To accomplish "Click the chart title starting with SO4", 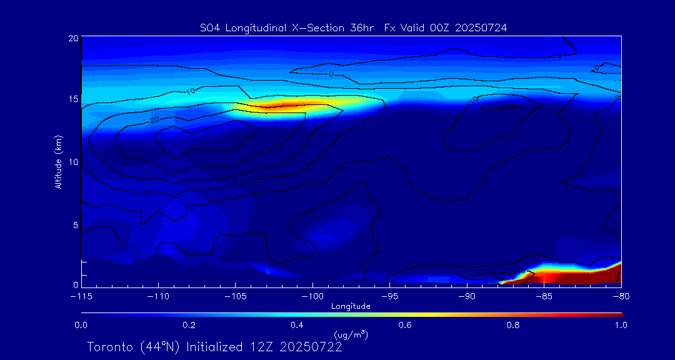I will coord(351,27).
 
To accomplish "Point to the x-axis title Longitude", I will coord(351,306).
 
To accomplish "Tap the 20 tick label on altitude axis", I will coord(72,38).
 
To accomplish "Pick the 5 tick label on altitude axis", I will coord(75,224).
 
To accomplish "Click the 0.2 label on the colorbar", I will coord(189,325).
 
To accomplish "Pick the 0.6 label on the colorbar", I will coord(405,325).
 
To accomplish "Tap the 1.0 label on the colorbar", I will coord(621,325).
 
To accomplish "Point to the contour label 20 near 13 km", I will coord(154,119).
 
